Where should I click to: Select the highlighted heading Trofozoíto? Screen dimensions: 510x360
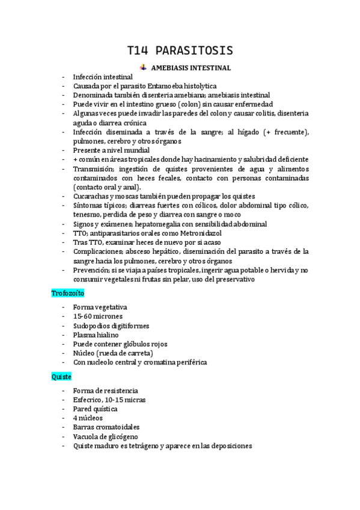tap(67, 293)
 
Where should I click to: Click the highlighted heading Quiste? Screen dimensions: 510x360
tap(61, 376)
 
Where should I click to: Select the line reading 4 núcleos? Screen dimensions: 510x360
tap(88, 418)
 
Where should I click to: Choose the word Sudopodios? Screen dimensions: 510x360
tap(93, 325)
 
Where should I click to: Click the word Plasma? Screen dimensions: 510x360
tap(85, 335)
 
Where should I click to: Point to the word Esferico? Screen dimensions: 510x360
tap(88, 399)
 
